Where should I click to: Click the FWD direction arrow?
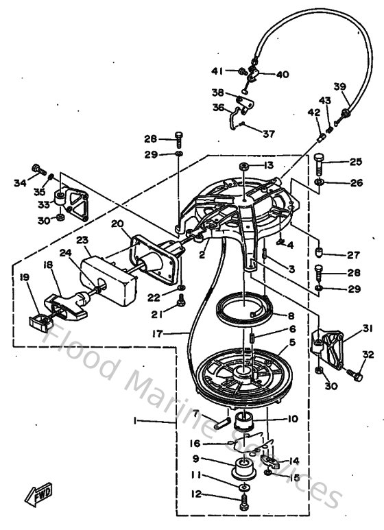coord(38,494)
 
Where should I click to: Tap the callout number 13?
coord(266,165)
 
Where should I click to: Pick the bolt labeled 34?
coord(36,169)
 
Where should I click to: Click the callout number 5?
coord(292,341)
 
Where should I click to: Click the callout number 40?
coord(283,75)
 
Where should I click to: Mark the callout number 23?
coord(83,241)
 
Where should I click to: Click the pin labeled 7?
coord(220,422)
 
